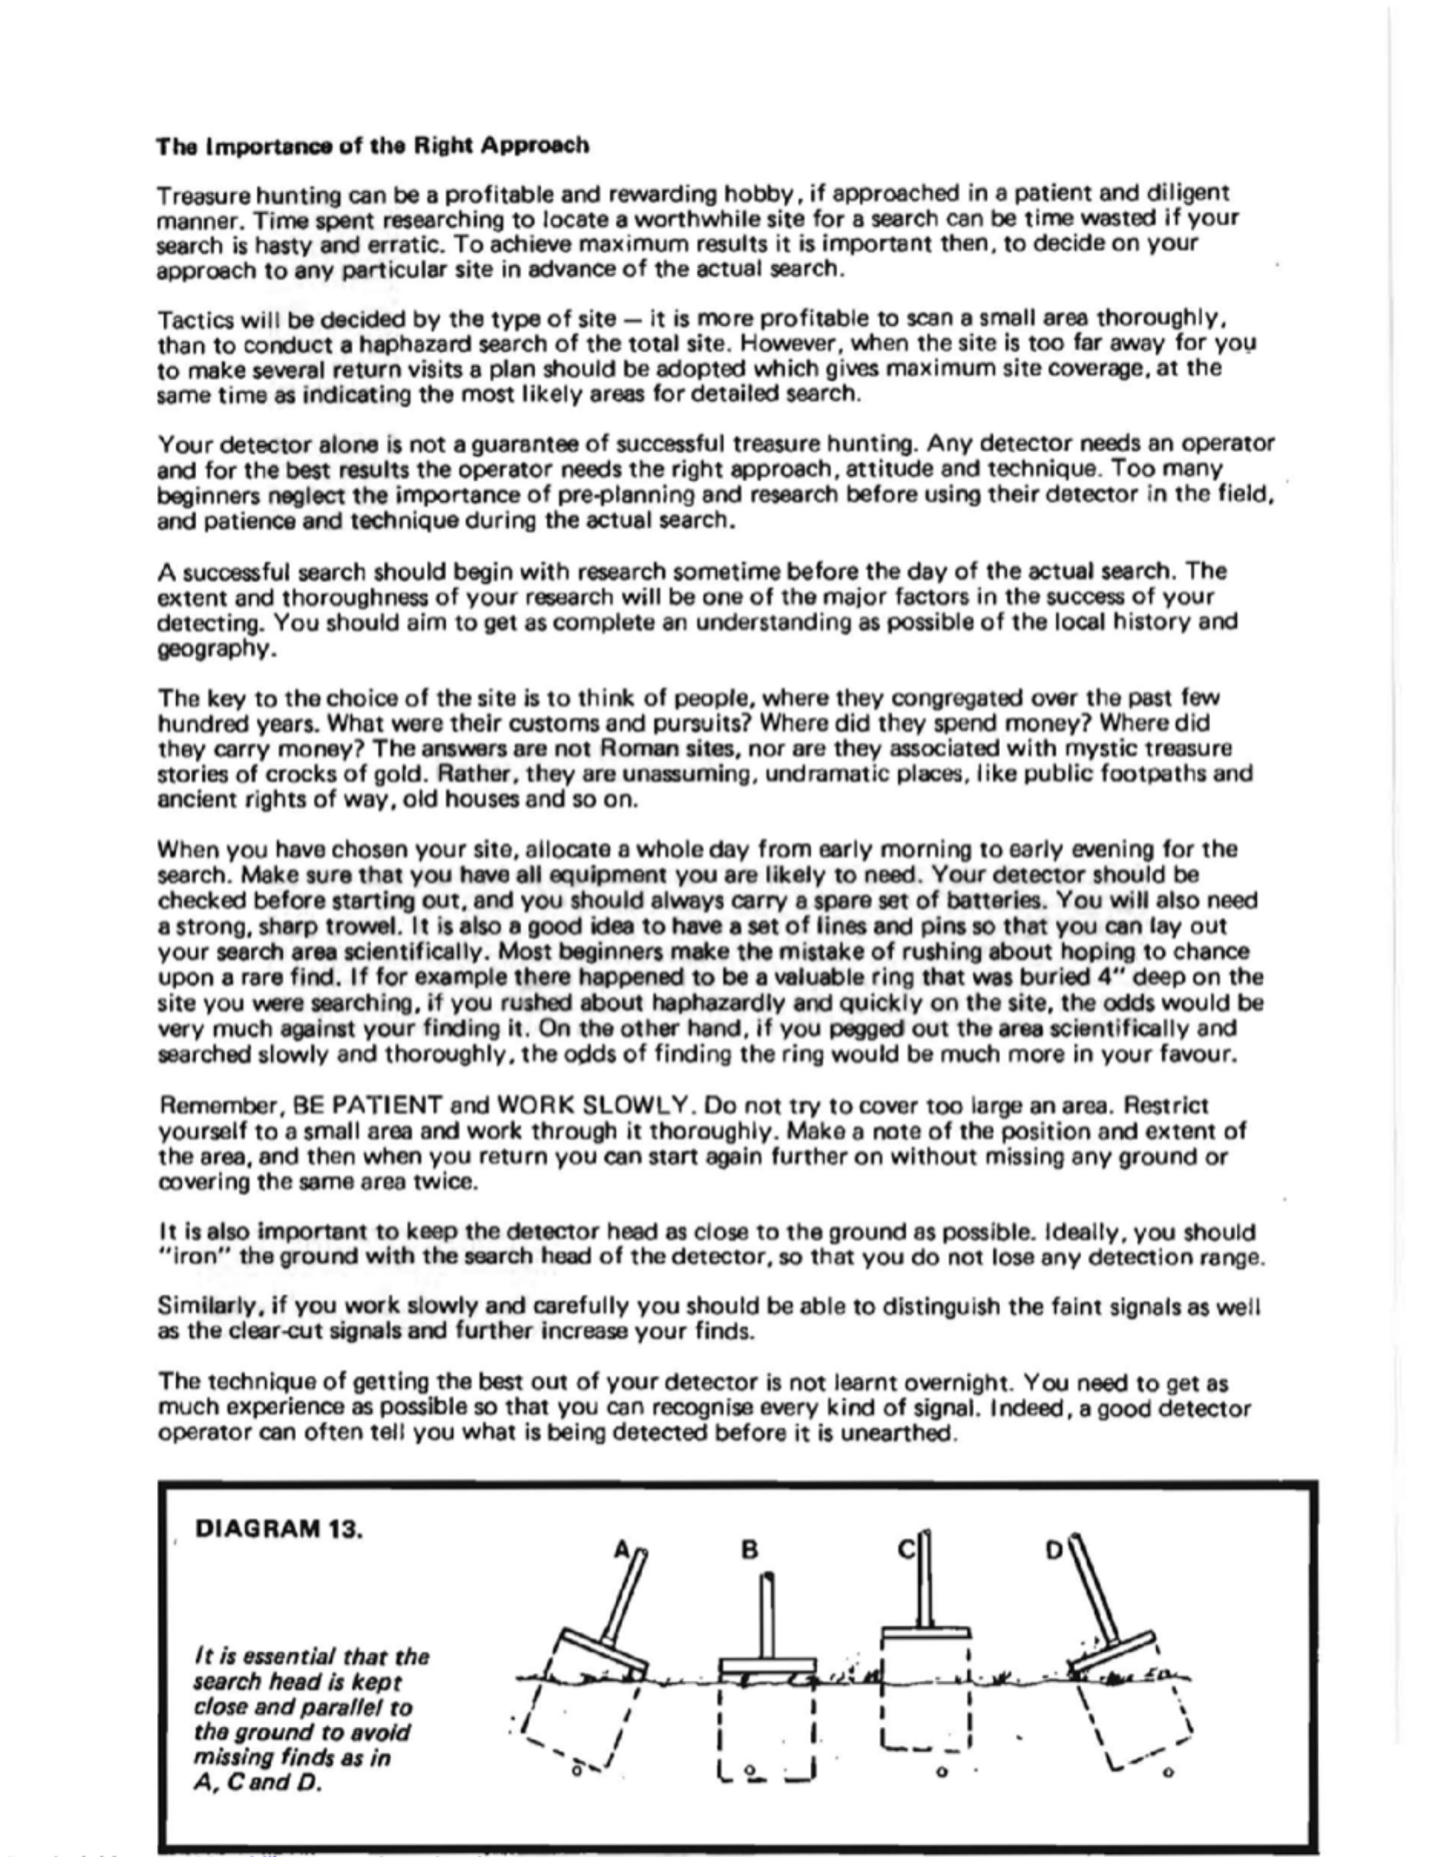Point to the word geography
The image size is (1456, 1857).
click(207, 650)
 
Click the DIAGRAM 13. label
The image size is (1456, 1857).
click(279, 1529)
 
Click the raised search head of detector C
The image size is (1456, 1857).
click(924, 1631)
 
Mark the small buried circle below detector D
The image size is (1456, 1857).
click(1167, 1773)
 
